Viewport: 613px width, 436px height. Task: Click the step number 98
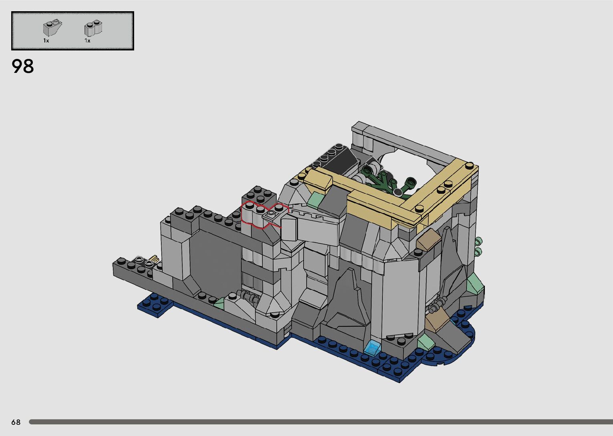tap(23, 66)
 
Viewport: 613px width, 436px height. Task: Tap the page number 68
tap(16, 422)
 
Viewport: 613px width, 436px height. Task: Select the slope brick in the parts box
tap(52, 28)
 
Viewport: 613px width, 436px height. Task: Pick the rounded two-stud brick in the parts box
tap(93, 28)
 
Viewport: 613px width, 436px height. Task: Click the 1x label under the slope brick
tap(46, 40)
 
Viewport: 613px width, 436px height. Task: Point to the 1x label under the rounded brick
tap(87, 40)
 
